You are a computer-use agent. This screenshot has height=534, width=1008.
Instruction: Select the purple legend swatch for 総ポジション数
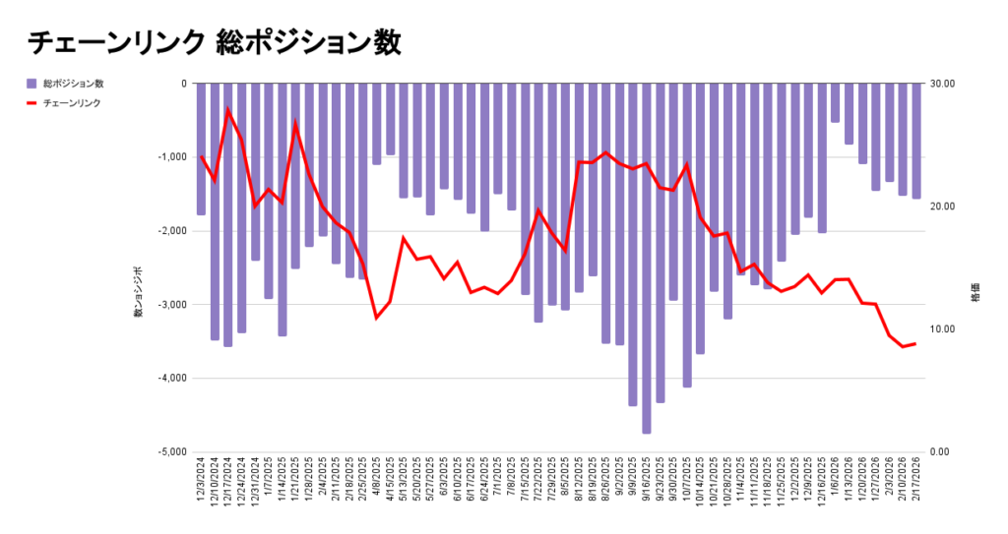31,84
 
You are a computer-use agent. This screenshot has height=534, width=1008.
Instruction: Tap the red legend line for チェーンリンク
31,102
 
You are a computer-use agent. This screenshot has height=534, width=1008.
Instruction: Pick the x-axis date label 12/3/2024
202,481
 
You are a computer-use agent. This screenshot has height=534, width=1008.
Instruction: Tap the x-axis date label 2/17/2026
915,481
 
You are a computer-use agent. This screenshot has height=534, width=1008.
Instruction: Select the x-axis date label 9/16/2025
647,481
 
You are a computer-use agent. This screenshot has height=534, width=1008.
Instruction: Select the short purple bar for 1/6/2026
835,103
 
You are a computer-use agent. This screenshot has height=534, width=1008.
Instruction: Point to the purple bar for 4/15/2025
390,119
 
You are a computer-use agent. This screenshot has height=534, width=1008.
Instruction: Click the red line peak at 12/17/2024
227,109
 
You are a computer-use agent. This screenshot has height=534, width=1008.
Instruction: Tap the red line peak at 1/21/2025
295,124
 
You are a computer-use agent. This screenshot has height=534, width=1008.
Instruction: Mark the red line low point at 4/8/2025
376,318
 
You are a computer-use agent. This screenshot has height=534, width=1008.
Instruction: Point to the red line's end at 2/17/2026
915,343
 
